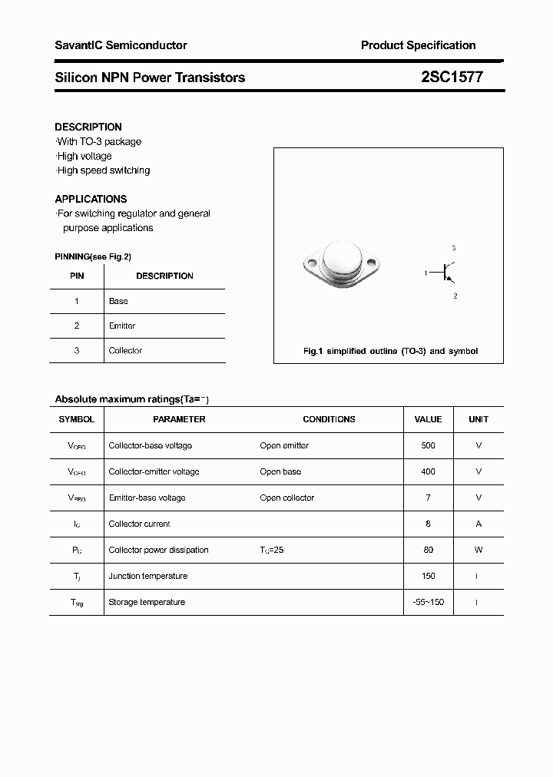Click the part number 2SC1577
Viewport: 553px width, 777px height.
[x=452, y=77]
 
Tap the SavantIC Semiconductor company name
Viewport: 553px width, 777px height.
[x=121, y=45]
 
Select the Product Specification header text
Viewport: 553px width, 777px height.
[x=418, y=45]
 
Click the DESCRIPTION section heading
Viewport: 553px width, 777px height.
[x=88, y=127]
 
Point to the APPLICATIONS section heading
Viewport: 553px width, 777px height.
[x=91, y=199]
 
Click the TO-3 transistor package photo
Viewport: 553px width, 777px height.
[x=342, y=264]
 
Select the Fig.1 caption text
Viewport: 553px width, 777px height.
[x=390, y=351]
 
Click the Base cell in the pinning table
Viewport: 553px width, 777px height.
[x=118, y=301]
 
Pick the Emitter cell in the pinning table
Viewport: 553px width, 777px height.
[x=122, y=326]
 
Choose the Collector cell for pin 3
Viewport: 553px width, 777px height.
[x=125, y=350]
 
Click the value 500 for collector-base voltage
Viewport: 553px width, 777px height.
[x=428, y=445]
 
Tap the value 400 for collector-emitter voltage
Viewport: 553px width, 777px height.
[x=428, y=471]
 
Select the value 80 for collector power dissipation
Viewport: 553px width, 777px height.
[x=428, y=550]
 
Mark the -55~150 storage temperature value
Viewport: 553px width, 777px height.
[x=428, y=602]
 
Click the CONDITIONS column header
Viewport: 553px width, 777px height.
[x=329, y=419]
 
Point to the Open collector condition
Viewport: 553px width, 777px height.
[x=286, y=498]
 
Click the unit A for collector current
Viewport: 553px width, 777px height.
[x=478, y=524]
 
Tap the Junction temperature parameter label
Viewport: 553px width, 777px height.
[x=147, y=576]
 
